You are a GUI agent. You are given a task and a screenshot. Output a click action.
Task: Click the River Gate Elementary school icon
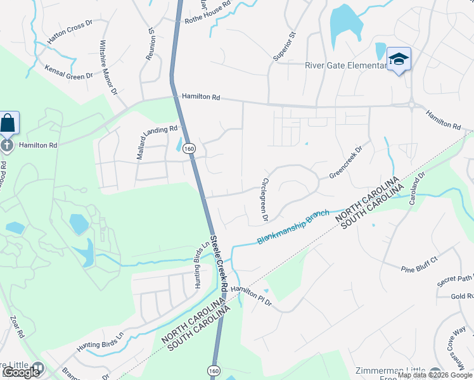tap(399, 60)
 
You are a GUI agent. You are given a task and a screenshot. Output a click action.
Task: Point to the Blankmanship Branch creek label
tap(294, 227)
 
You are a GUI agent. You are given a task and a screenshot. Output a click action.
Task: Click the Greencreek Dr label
tap(345, 162)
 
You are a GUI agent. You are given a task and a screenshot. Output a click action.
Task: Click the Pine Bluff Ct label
tap(420, 264)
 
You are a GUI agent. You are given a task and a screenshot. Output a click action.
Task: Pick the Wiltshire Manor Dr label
tap(108, 68)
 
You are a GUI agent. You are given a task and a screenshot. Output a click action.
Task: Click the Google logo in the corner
tap(21, 372)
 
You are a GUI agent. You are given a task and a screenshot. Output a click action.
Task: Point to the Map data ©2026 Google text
tap(435, 375)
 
